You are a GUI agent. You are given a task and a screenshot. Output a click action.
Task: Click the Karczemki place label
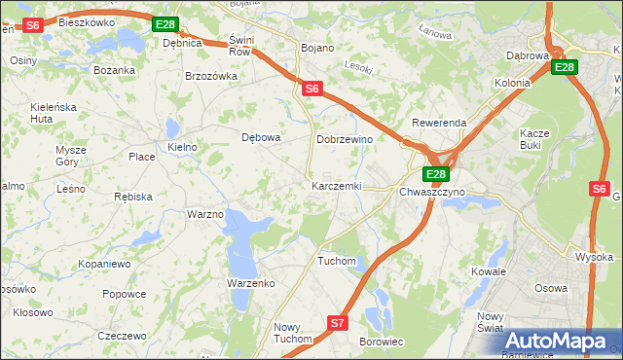click(336, 186)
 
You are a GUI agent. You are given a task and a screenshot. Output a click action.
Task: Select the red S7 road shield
click(337, 322)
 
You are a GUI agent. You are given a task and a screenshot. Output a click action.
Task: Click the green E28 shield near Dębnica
click(166, 24)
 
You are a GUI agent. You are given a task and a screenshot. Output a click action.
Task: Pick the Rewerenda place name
click(439, 124)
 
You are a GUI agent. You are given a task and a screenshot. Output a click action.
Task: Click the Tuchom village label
click(337, 261)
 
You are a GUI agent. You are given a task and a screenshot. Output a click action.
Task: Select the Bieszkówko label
click(87, 21)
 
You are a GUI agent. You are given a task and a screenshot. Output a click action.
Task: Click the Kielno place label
click(182, 147)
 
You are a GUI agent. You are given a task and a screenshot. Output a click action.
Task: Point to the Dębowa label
click(261, 137)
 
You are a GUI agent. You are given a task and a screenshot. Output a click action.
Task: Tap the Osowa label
click(551, 288)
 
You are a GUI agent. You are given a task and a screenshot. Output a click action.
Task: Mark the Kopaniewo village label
click(105, 264)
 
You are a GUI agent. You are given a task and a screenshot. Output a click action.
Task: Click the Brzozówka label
click(211, 76)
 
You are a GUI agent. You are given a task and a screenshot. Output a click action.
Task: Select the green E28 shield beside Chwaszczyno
click(435, 174)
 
